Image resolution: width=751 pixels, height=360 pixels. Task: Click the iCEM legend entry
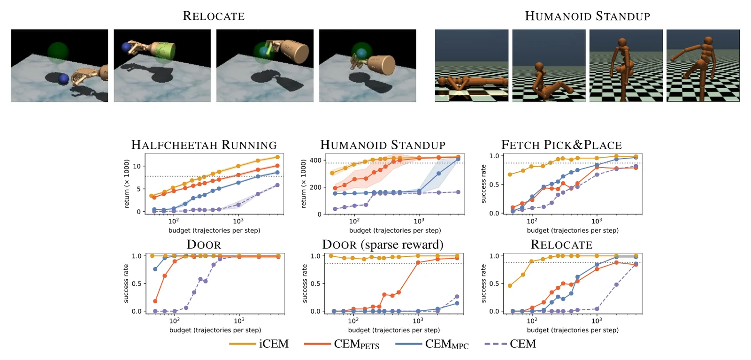pyautogui.click(x=259, y=344)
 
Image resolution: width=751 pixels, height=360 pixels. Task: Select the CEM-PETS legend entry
pyautogui.click(x=342, y=344)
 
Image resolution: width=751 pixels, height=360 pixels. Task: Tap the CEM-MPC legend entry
pyautogui.click(x=432, y=344)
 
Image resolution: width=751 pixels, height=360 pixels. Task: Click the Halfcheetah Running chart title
pyautogui.click(x=204, y=145)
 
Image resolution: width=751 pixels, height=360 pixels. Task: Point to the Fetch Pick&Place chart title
pyautogui.click(x=561, y=145)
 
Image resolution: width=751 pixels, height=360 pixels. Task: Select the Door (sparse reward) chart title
pyautogui.click(x=383, y=245)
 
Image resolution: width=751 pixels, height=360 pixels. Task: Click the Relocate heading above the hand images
pyautogui.click(x=214, y=16)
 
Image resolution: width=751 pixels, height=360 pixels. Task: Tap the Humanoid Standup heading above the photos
pyautogui.click(x=587, y=16)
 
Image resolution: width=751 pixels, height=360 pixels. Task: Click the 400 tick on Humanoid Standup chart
pyautogui.click(x=315, y=160)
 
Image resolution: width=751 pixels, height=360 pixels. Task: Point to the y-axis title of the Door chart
pyautogui.click(x=126, y=283)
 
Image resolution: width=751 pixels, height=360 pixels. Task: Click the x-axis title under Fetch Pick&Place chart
pyautogui.click(x=573, y=230)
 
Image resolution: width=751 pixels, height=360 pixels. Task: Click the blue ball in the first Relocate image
pyautogui.click(x=63, y=79)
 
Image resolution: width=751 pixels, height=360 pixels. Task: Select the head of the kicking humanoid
pyautogui.click(x=708, y=41)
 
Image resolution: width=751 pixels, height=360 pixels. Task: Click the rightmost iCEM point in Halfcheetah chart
pyautogui.click(x=277, y=157)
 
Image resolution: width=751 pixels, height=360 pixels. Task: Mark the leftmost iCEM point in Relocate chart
pyautogui.click(x=510, y=286)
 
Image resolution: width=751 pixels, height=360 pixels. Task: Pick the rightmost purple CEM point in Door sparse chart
pyautogui.click(x=457, y=297)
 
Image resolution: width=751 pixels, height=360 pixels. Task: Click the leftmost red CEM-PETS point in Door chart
pyautogui.click(x=155, y=301)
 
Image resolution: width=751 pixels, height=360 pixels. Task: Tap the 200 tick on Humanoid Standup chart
pyautogui.click(x=315, y=187)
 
